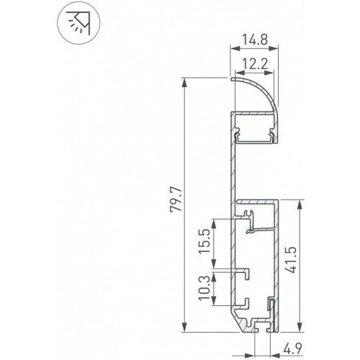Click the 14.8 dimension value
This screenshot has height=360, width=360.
pyautogui.click(x=254, y=40)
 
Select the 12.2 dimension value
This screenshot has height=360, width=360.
pyautogui.click(x=254, y=64)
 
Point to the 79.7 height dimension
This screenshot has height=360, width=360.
pyautogui.click(x=176, y=200)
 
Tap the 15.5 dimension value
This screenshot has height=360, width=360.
pyautogui.click(x=204, y=241)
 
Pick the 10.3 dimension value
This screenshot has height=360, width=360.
pyautogui.click(x=204, y=288)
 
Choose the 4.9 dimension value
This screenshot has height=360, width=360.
pyautogui.click(x=292, y=348)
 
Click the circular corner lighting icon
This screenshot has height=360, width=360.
pyautogui.click(x=78, y=23)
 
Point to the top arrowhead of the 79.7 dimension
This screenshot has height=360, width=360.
pyautogui.click(x=184, y=83)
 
